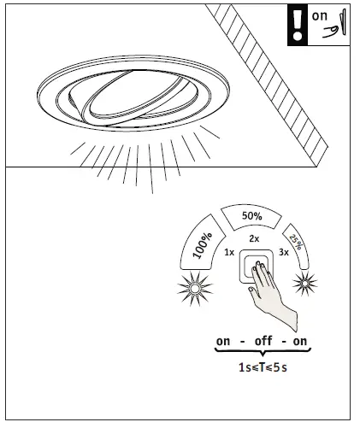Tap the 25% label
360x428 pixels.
pos(295,243)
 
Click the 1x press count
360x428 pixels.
pos(228,253)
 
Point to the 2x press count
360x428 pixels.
pos(253,239)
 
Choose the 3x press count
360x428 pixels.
pos(283,254)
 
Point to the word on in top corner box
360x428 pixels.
pos(319,15)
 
